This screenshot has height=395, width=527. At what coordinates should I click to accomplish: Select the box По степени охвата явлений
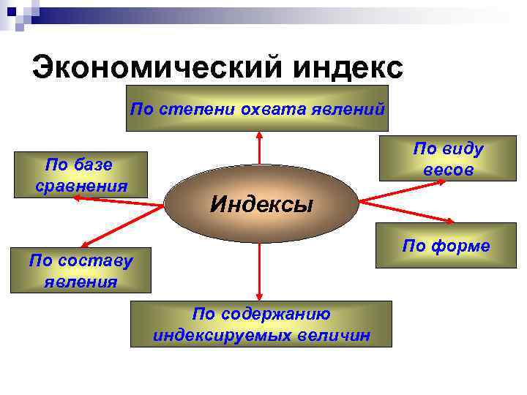coord(257,108)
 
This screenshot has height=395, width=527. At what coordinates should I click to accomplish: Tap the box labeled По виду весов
coord(448,159)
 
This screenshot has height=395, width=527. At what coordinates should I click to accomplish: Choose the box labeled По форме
coord(446,247)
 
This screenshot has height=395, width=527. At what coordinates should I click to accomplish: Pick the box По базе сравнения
coord(81,174)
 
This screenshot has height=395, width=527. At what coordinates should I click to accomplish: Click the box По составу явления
coord(81,270)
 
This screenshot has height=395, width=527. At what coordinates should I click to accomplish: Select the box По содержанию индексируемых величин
coord(261,324)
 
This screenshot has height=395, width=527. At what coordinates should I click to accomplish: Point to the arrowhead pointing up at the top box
coord(259,135)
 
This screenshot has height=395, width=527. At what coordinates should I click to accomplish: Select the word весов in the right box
coord(449,170)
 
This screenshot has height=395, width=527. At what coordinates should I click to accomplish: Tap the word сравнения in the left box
coord(81,185)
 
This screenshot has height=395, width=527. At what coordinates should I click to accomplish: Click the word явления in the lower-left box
coord(81,281)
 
